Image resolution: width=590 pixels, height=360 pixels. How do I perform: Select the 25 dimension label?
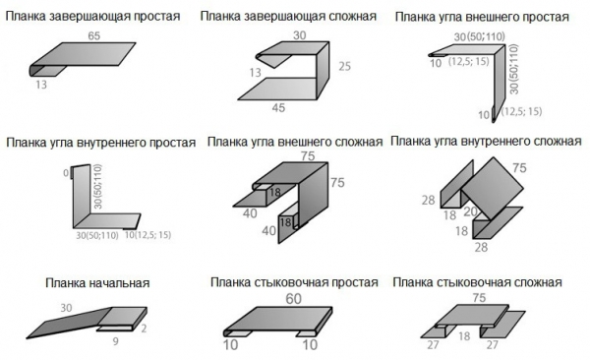coord(344,67)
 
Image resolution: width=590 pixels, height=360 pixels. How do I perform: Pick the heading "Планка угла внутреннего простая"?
coord(92,143)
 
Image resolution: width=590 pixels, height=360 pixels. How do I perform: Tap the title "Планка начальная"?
coord(96,283)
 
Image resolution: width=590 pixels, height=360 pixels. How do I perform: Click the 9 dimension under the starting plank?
coord(115,341)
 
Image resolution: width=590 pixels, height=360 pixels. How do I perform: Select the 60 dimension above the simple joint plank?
coord(293,299)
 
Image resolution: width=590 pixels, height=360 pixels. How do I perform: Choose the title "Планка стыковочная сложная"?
coord(477,282)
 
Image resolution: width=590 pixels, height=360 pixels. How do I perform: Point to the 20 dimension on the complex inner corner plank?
coord(470,210)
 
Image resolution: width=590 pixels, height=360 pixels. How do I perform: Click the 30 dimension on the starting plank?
coord(66,308)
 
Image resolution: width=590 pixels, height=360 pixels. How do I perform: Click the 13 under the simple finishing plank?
coord(41,86)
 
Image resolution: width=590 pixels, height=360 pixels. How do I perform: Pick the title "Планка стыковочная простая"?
coord(293,283)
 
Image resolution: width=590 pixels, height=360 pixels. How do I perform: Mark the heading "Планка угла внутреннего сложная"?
coord(486,142)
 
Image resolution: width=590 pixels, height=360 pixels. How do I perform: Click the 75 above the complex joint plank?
coord(480,297)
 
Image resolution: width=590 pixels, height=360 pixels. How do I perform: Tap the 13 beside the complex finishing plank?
coord(255,73)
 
